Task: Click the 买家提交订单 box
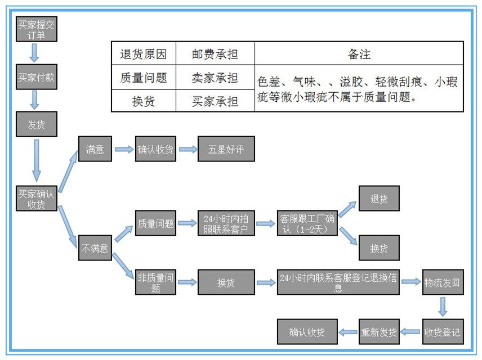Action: [x=37, y=29]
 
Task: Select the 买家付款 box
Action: [x=37, y=77]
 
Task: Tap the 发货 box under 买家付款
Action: [x=37, y=124]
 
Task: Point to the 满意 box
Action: [x=95, y=150]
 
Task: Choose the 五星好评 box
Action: [x=226, y=150]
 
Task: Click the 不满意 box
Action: [x=95, y=247]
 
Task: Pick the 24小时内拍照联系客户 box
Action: [x=226, y=223]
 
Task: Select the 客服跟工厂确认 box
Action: [x=307, y=223]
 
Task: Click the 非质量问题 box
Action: [x=156, y=282]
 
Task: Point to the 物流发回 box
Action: [x=443, y=282]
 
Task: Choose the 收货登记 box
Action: [x=443, y=331]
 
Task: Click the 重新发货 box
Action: [x=379, y=331]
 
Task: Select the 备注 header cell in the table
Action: [x=359, y=54]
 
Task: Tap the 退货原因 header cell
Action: [x=144, y=54]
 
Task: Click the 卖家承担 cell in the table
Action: [x=215, y=78]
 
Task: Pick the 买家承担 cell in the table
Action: [x=215, y=101]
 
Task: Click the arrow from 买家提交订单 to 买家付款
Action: [x=35, y=53]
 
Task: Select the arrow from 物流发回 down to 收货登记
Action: [x=443, y=307]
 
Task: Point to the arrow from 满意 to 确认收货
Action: [x=123, y=150]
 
